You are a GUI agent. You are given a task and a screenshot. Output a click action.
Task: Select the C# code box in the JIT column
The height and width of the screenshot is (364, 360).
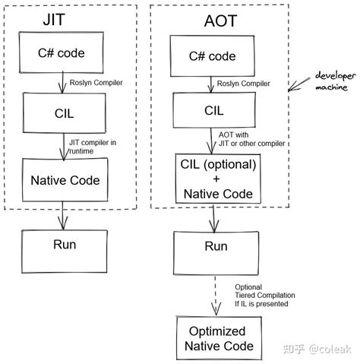61,54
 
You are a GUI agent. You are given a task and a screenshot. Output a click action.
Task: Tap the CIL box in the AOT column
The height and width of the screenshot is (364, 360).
213,109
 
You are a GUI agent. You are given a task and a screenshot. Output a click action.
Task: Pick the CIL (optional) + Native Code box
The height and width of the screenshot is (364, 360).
213,179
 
